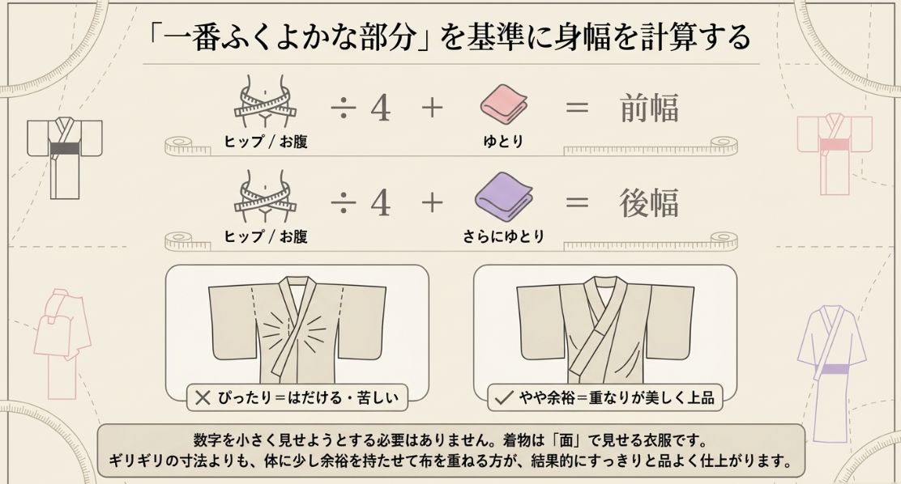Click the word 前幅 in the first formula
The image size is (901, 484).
(648, 108)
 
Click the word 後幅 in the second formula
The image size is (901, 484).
(648, 203)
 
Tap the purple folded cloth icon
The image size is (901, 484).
(503, 198)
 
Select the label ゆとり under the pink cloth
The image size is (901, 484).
(503, 142)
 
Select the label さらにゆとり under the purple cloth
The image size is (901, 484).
(503, 236)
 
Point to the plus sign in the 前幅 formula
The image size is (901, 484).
(432, 108)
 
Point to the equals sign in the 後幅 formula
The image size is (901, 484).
(576, 203)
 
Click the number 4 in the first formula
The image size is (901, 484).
(380, 108)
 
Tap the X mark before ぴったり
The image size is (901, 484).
(202, 397)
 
